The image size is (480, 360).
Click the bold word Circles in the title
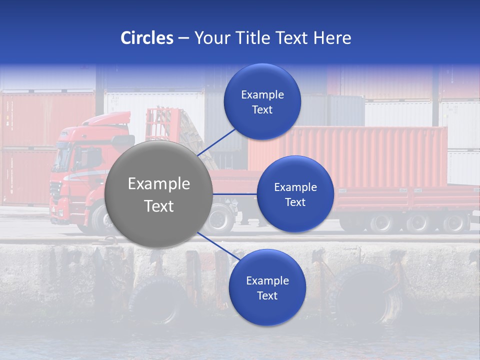(x=146, y=38)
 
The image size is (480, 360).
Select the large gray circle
(x=159, y=194)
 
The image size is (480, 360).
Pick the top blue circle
(x=262, y=101)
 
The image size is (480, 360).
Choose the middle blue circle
(x=295, y=194)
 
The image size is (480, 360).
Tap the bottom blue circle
(x=267, y=287)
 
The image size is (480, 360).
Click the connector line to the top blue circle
(x=217, y=142)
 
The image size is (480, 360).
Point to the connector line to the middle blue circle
(x=235, y=194)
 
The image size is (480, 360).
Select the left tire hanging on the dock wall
(x=158, y=300)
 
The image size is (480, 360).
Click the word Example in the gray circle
(x=159, y=184)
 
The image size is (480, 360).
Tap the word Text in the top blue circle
(x=262, y=109)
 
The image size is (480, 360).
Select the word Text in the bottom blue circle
(x=267, y=295)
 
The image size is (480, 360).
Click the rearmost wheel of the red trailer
(x=455, y=223)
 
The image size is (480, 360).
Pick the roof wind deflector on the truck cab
(x=107, y=119)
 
